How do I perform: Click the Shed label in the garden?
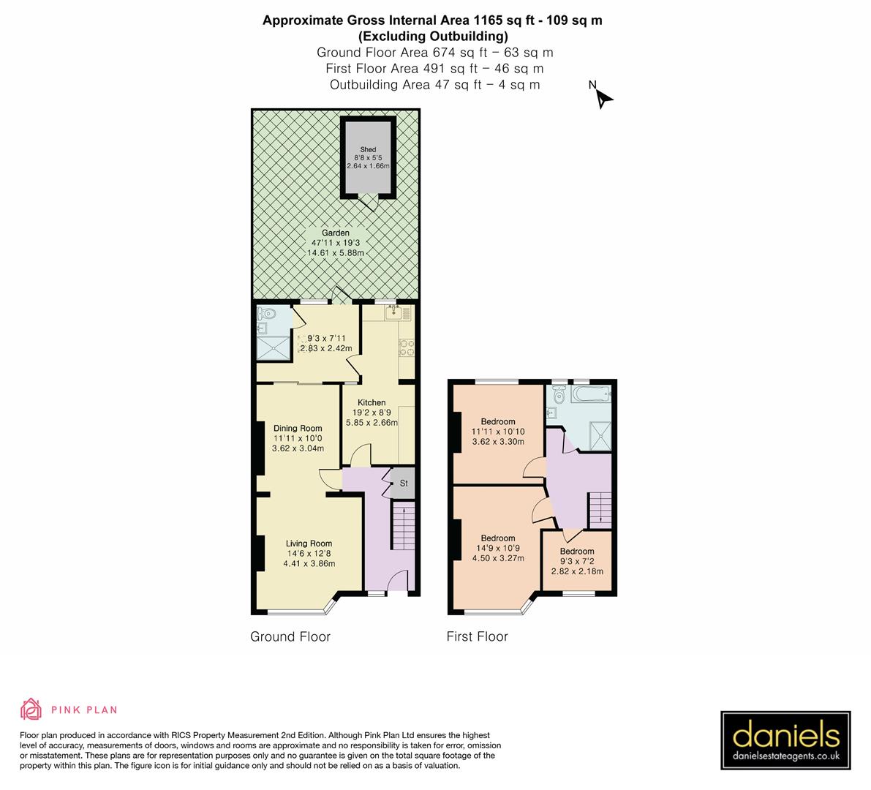(x=367, y=150)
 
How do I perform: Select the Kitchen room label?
(x=372, y=403)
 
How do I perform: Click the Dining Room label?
(x=298, y=429)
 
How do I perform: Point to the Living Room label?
(x=309, y=543)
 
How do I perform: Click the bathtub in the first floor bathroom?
(x=591, y=395)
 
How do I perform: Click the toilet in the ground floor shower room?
(x=268, y=315)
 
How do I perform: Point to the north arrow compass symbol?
(x=603, y=98)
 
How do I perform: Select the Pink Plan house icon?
(x=31, y=710)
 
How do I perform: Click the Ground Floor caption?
(x=290, y=636)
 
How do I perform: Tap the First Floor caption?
(x=477, y=636)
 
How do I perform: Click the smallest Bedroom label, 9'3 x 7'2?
(x=577, y=552)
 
